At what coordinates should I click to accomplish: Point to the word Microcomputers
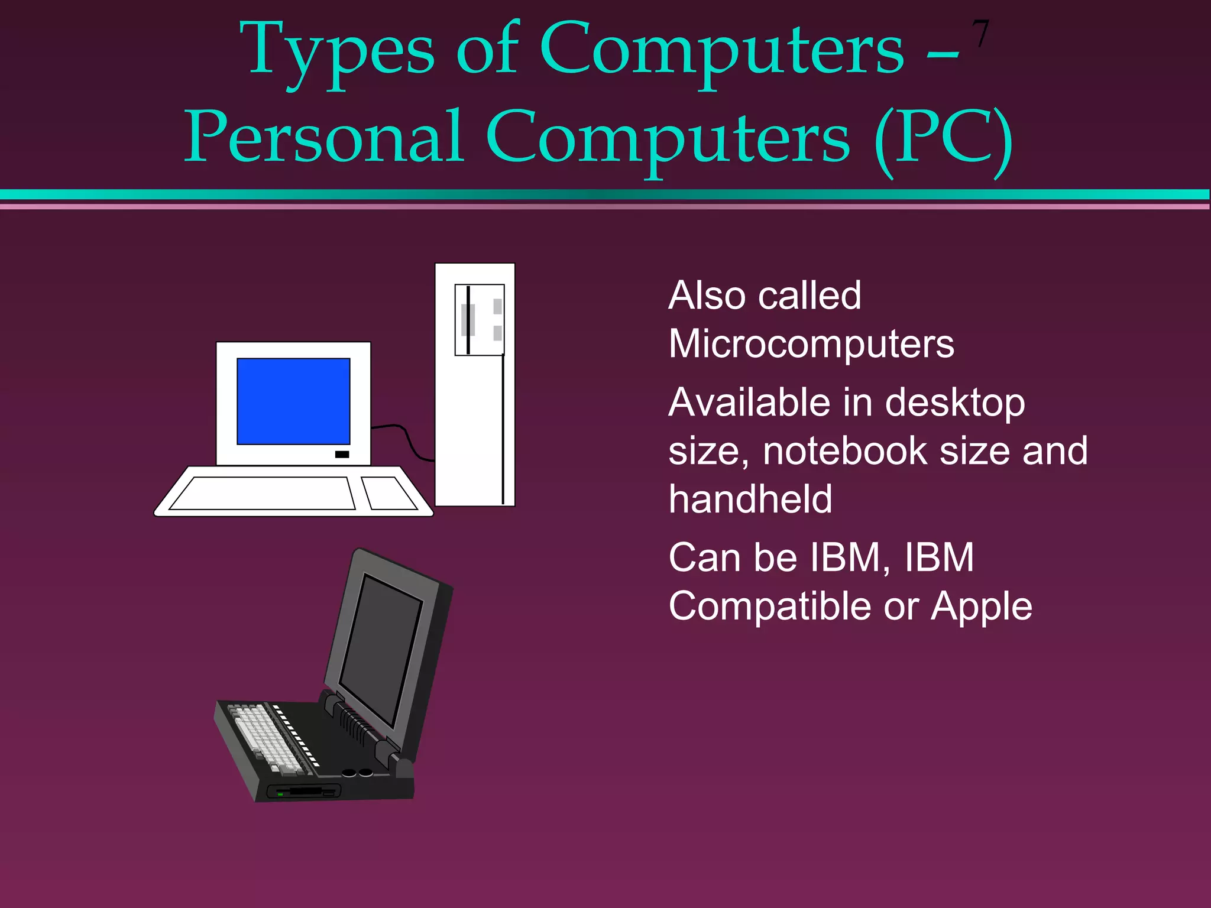pyautogui.click(x=811, y=344)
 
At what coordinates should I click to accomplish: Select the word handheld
pyautogui.click(x=750, y=500)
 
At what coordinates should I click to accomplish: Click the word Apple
pyautogui.click(x=981, y=607)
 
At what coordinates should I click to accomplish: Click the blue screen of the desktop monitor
pyautogui.click(x=293, y=401)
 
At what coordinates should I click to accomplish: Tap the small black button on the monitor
pyautogui.click(x=342, y=454)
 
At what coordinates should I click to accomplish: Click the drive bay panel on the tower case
pyautogui.click(x=479, y=320)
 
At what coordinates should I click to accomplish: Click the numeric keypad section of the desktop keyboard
pyautogui.click(x=389, y=493)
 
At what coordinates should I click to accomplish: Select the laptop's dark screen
pyautogui.click(x=381, y=650)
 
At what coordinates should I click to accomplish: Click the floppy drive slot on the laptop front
pyautogui.click(x=305, y=791)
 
